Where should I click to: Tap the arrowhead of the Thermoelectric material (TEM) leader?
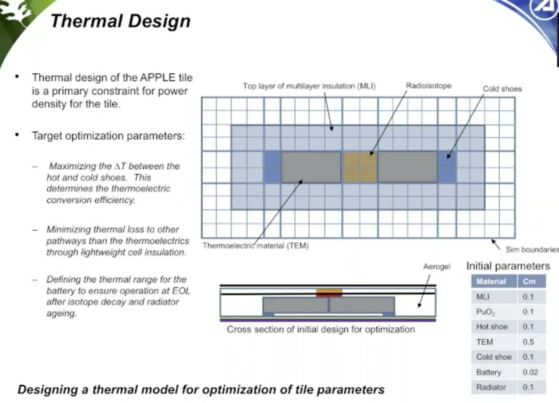click(302, 180)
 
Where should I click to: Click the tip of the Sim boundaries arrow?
click(492, 240)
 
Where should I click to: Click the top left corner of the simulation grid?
click(202, 97)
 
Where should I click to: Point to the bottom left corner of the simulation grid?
click(202, 238)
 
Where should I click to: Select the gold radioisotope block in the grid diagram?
click(360, 167)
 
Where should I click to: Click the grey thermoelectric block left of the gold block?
click(311, 167)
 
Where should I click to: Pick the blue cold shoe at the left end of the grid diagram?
click(272, 167)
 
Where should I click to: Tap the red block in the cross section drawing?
click(329, 296)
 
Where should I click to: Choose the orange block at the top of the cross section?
click(329, 291)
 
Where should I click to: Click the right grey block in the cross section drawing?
click(362, 305)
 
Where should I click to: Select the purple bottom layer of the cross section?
click(328, 320)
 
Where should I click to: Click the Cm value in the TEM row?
click(528, 342)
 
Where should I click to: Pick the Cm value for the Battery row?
click(530, 372)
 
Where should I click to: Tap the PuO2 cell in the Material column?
click(485, 312)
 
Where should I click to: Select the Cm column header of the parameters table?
click(529, 281)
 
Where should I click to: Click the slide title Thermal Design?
click(121, 21)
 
